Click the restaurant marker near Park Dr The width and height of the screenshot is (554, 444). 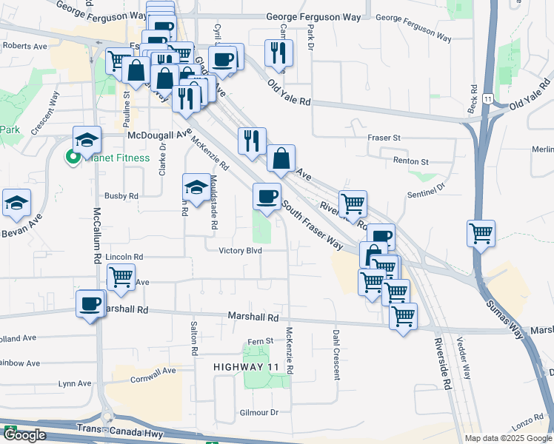(279, 52)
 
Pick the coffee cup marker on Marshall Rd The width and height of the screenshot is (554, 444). (91, 303)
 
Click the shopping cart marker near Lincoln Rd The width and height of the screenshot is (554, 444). (121, 277)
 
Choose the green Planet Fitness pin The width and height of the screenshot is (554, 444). (73, 156)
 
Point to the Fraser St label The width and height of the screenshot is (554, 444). (384, 138)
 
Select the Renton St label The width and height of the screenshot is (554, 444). (413, 161)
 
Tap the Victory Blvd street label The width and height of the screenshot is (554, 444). (241, 250)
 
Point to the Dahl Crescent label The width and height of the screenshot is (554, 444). (336, 355)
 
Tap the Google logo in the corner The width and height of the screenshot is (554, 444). (24, 435)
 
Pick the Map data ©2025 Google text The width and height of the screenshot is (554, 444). (508, 438)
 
